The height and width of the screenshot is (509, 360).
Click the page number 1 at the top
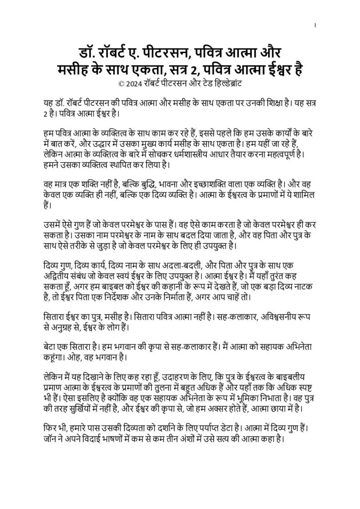pyautogui.click(x=315, y=25)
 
